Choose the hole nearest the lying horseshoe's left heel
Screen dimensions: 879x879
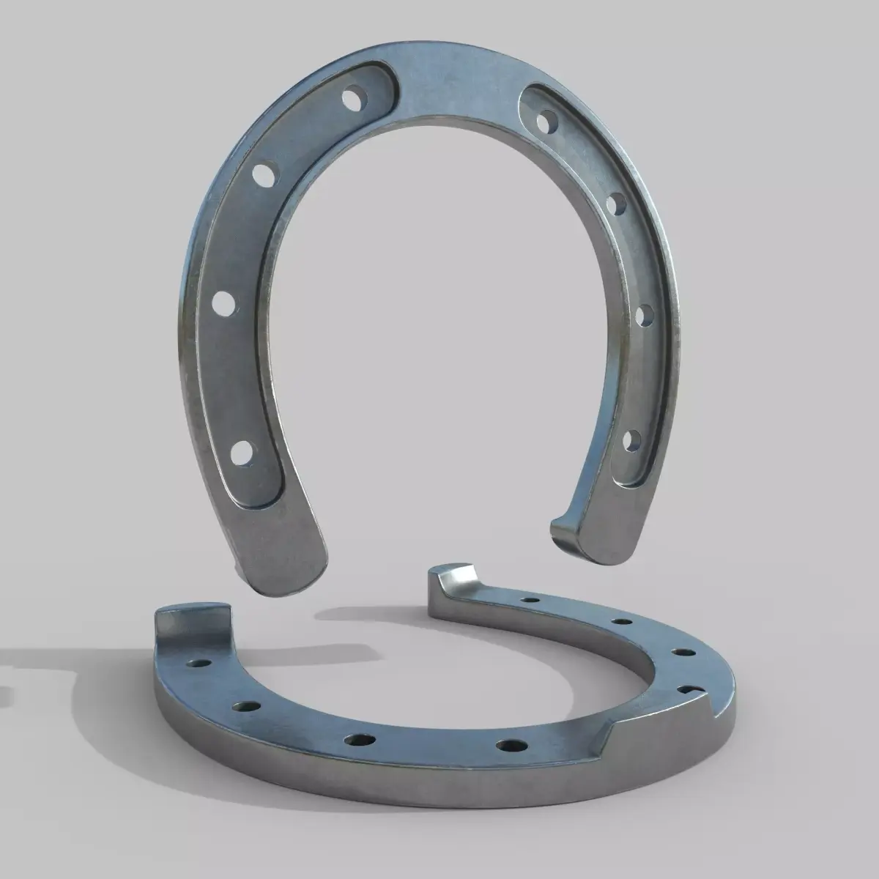pos(197,664)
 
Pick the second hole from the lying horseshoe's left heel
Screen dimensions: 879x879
pos(245,707)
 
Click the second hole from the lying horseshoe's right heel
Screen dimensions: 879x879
pos(621,621)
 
